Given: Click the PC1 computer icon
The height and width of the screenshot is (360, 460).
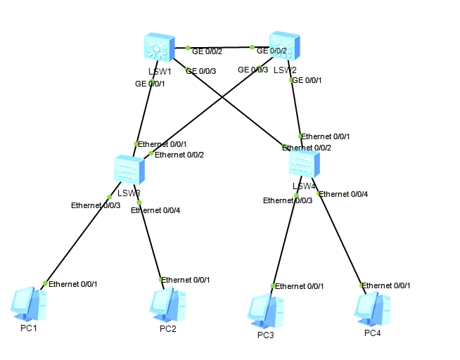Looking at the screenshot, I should click(x=29, y=302).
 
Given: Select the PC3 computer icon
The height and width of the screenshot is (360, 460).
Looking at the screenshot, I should click(x=267, y=310).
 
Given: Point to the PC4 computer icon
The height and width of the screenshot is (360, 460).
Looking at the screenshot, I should click(x=371, y=307).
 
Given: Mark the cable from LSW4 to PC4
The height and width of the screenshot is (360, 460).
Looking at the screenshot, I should click(x=341, y=239).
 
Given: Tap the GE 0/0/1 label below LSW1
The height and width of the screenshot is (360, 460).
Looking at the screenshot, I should click(x=150, y=84).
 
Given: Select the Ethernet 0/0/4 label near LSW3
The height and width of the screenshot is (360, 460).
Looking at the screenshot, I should click(x=155, y=210).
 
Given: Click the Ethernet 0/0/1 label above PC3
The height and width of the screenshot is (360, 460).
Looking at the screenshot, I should click(x=300, y=286).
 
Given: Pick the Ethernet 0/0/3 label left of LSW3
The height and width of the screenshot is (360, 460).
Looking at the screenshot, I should click(x=95, y=205).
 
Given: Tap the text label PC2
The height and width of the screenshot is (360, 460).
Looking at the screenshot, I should click(x=167, y=328).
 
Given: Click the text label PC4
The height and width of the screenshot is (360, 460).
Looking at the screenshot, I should click(x=372, y=333).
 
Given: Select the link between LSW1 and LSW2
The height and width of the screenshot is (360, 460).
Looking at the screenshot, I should click(x=220, y=49).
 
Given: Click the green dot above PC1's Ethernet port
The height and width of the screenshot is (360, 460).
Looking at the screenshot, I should click(x=45, y=283).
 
